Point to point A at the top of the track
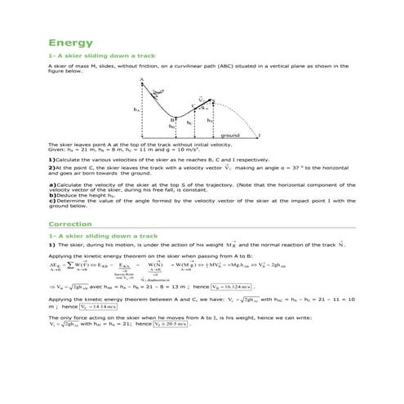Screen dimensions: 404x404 (142, 79)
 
